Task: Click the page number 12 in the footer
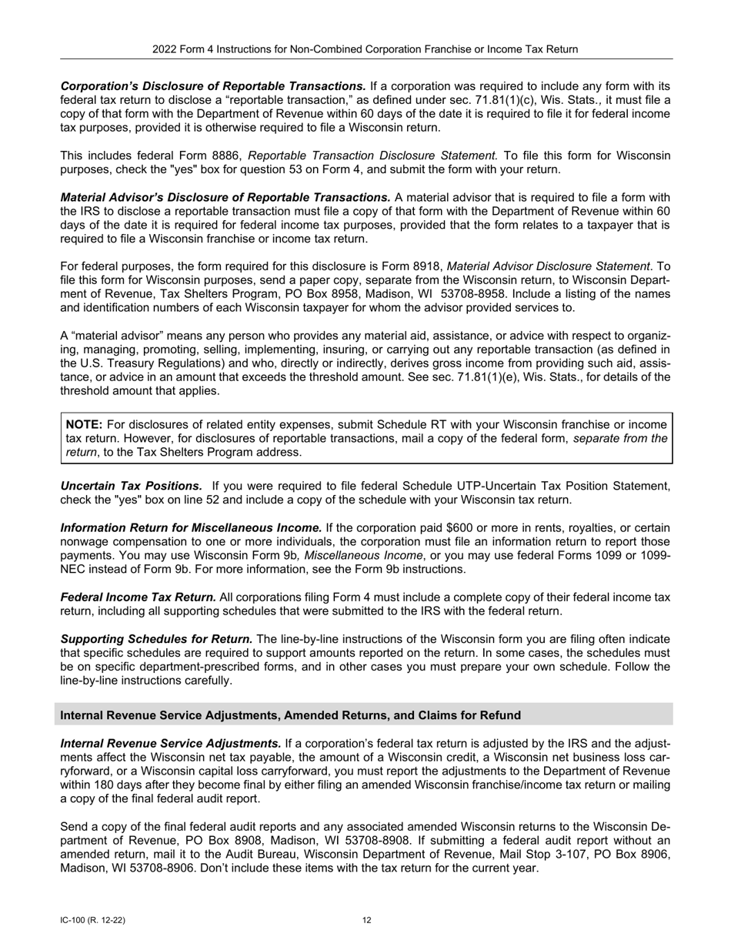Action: point(367,920)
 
